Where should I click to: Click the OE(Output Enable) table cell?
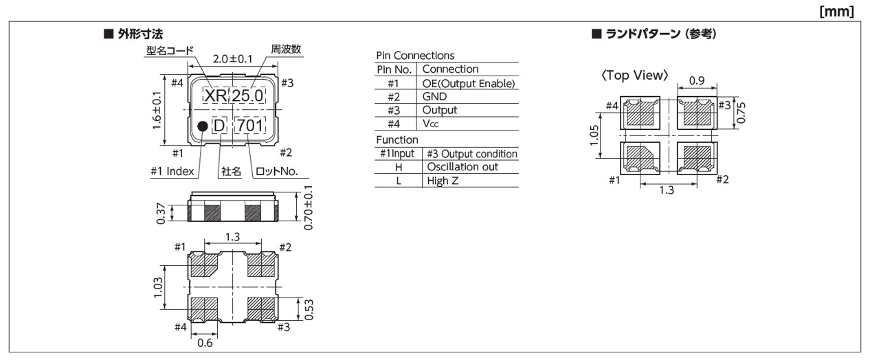[x=468, y=83]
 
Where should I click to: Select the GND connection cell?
[x=434, y=97]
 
